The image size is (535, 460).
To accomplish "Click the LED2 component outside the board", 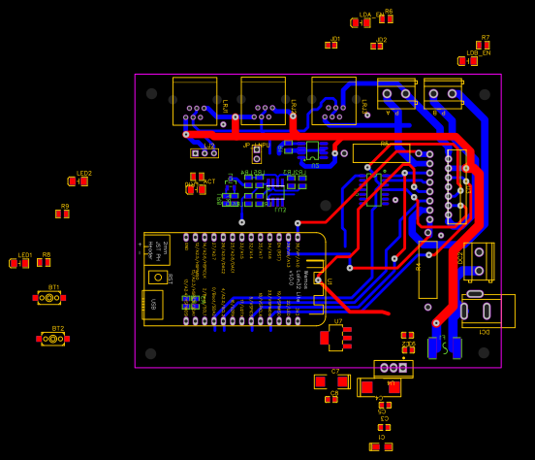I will tap(79, 181).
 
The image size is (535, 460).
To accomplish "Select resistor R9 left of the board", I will tap(62, 214).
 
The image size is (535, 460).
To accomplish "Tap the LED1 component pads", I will tap(19, 263).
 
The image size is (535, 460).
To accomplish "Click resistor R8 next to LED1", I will tap(44, 262).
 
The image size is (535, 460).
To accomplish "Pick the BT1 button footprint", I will tap(49, 298).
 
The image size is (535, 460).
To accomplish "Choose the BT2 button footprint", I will tap(53, 339).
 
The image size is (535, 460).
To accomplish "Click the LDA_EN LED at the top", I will tap(361, 22).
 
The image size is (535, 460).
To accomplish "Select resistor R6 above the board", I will tap(386, 18).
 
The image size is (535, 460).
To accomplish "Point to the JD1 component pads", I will tap(331, 45).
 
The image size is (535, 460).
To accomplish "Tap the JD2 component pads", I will tap(376, 46).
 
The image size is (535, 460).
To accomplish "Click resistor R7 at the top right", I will tap(483, 45).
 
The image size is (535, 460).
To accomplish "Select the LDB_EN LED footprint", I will tap(467, 61).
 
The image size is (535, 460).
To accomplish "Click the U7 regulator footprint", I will tap(335, 338).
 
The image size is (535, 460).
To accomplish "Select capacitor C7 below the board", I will tap(331, 381).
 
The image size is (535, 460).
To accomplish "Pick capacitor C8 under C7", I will tap(331, 399).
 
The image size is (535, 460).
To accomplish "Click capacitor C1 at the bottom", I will tap(381, 446).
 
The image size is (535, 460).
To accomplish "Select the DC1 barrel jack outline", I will tap(488, 311).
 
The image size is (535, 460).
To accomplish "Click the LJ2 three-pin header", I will tap(204, 152).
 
